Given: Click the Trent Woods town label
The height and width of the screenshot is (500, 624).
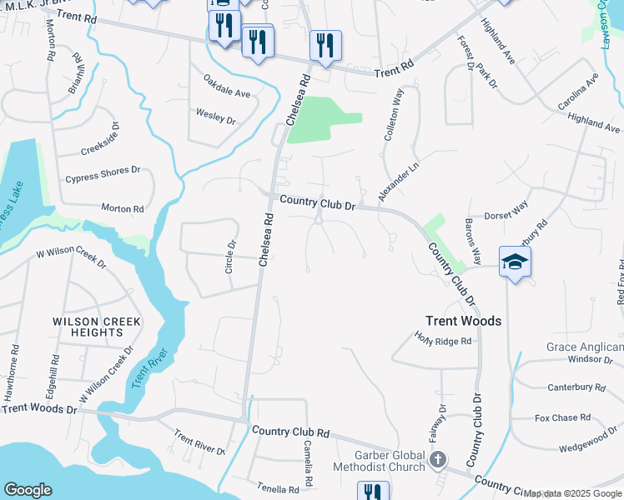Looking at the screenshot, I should (463, 321).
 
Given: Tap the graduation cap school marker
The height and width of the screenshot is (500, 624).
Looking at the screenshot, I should (515, 262).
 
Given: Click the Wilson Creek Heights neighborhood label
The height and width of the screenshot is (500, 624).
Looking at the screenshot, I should (97, 327).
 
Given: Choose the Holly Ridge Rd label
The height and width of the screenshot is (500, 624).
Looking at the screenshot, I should (443, 338).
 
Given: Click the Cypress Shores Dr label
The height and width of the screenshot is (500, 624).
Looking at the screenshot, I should (103, 175).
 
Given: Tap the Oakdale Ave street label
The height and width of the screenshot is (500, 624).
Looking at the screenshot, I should (227, 87).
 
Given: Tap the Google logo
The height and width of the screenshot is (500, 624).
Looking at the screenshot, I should (28, 490).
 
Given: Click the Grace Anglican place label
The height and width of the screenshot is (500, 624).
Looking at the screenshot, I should (585, 347).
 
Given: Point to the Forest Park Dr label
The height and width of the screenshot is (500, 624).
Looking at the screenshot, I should (476, 62).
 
